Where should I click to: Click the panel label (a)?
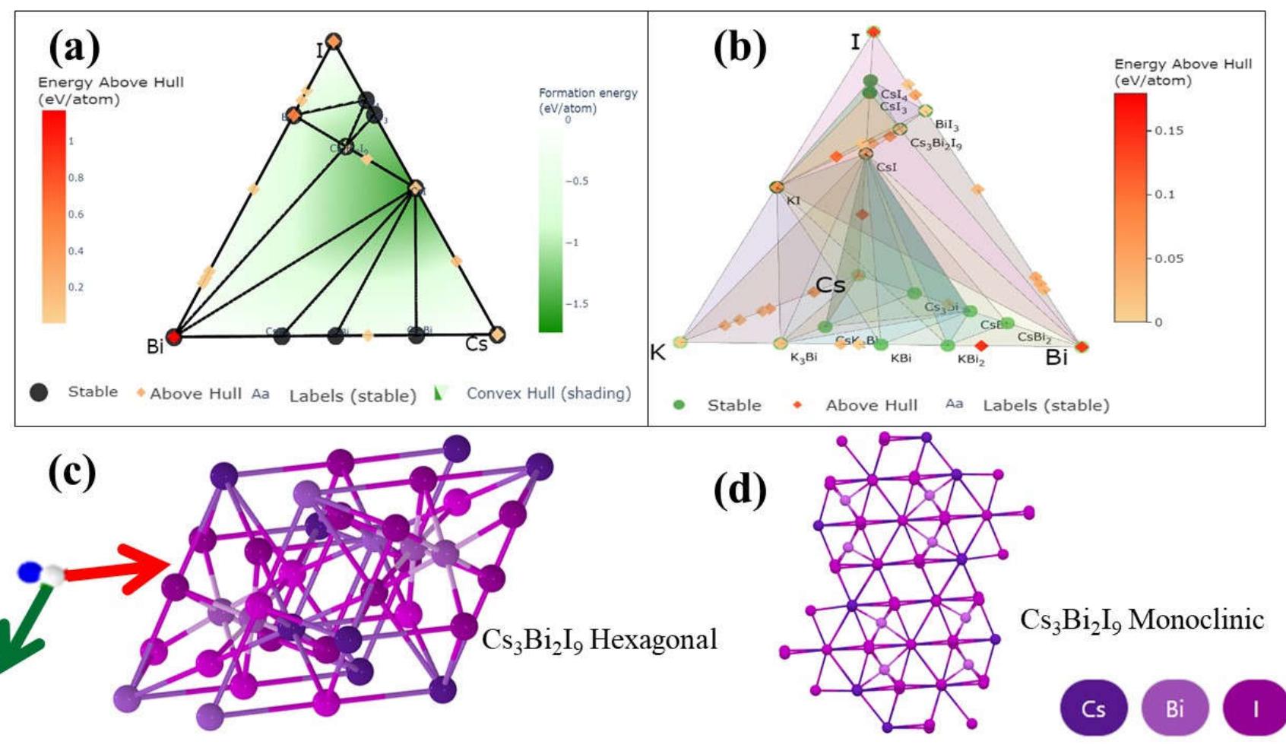tap(74, 47)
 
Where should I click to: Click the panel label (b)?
tap(739, 47)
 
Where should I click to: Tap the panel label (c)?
tap(71, 471)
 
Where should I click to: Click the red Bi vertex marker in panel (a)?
tap(174, 336)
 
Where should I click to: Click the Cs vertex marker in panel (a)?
tap(497, 334)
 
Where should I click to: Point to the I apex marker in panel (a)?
tap(333, 41)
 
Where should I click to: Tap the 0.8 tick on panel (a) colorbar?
tap(76, 178)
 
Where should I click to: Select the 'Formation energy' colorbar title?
tap(588, 100)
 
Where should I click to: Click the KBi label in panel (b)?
tap(901, 358)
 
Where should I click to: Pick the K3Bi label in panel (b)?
tap(803, 357)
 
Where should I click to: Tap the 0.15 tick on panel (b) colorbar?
tap(1168, 131)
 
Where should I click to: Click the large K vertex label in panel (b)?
tap(657, 353)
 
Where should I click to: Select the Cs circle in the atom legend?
tap(1093, 708)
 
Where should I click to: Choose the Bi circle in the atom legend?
tap(1174, 708)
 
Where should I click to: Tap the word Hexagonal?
tap(653, 639)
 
